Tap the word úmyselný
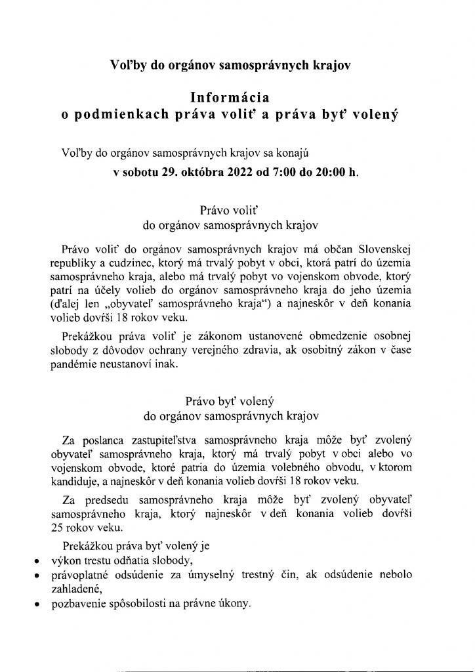(x=253, y=576)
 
